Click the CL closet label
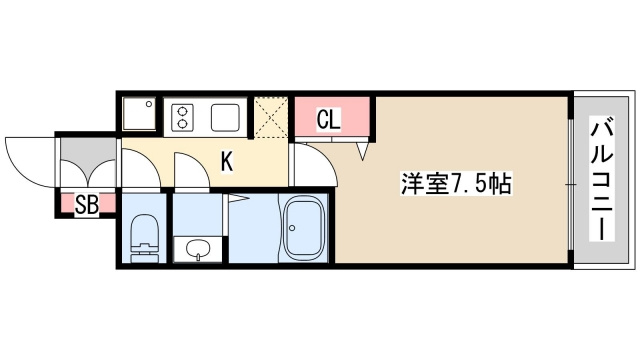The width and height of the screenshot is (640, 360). pos(329,119)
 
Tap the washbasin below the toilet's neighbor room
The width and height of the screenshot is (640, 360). pos(199,249)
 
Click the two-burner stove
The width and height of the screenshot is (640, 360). pos(184,117)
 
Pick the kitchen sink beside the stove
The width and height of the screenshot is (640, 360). pos(226,117)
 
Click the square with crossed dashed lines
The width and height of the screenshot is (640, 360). pos(270,118)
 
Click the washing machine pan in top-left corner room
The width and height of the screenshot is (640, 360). pos(140,116)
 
